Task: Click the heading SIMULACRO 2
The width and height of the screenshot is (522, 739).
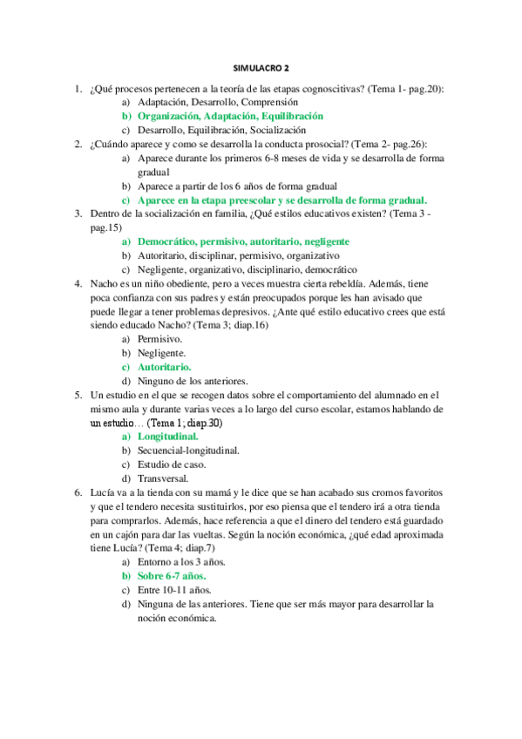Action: click(261, 66)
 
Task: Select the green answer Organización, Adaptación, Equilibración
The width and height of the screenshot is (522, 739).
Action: click(230, 115)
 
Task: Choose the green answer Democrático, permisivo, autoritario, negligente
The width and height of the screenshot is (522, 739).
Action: click(243, 241)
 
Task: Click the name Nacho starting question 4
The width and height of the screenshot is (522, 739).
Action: click(103, 283)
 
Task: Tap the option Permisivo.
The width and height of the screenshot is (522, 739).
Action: click(159, 339)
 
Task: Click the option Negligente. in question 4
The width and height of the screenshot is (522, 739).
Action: click(161, 353)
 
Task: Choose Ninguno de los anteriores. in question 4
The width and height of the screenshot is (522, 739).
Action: click(192, 381)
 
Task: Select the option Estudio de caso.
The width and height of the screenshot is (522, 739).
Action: click(171, 464)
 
